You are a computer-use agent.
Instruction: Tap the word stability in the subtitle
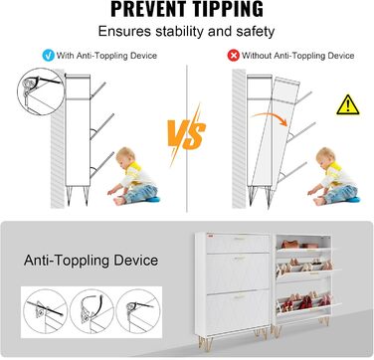click(x=179, y=32)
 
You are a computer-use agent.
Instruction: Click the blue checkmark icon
click(x=49, y=56)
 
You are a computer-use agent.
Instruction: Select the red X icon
click(x=233, y=56)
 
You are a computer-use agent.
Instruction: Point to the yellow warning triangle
click(x=348, y=105)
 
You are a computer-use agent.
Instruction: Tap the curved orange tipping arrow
click(x=270, y=118)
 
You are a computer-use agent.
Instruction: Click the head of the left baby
click(x=124, y=156)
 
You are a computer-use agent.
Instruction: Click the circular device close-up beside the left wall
click(x=41, y=91)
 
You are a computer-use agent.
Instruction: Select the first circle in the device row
click(x=44, y=311)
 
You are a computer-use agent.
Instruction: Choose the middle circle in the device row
click(x=91, y=311)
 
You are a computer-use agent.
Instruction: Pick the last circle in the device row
click(x=139, y=311)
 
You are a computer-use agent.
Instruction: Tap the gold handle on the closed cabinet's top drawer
click(x=239, y=239)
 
